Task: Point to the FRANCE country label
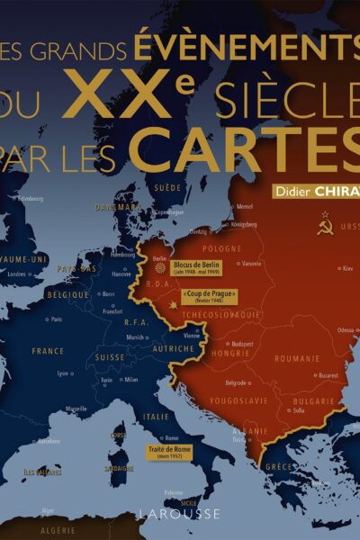pos(48,351)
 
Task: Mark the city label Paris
pos(57,319)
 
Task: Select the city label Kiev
pos(346,268)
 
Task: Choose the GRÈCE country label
pos(280,467)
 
